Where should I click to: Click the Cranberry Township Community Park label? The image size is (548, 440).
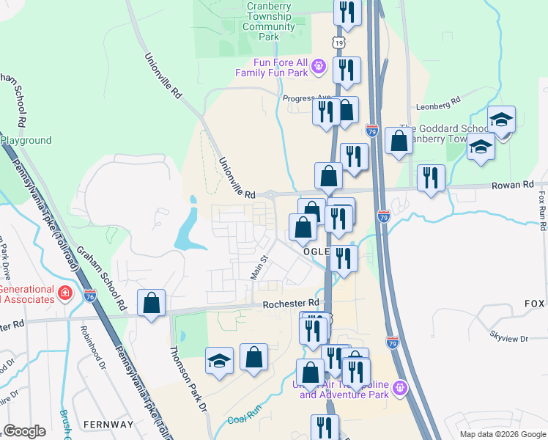pyautogui.click(x=270, y=22)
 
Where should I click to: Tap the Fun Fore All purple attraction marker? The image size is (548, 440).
pyautogui.click(x=318, y=67)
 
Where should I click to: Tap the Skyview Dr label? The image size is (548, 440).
pyautogui.click(x=508, y=334)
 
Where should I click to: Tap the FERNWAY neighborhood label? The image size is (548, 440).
pyautogui.click(x=109, y=425)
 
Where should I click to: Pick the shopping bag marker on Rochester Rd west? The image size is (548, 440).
pyautogui.click(x=151, y=303)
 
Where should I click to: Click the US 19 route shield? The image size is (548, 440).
pyautogui.click(x=338, y=43)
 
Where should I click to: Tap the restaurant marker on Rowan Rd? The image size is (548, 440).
pyautogui.click(x=431, y=177)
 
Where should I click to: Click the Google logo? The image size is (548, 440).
pyautogui.click(x=25, y=431)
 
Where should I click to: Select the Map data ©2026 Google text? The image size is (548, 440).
pyautogui.click(x=503, y=434)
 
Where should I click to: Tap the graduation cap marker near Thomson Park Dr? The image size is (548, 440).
pyautogui.click(x=219, y=361)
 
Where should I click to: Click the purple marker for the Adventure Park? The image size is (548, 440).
pyautogui.click(x=400, y=387)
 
